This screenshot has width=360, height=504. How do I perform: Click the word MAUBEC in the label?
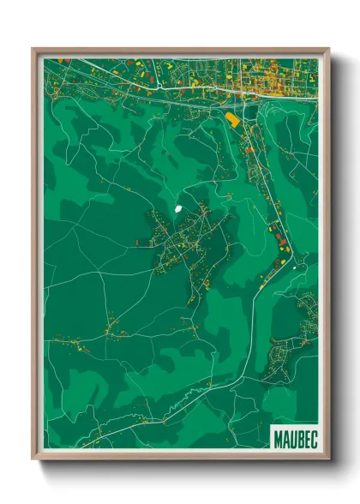pos(295,438)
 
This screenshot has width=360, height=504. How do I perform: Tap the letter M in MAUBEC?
pos(279,438)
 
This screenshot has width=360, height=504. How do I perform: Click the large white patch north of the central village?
pos(178,208)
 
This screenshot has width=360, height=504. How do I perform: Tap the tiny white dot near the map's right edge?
pos(294,266)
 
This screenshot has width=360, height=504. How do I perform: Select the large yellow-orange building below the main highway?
pos(232,120)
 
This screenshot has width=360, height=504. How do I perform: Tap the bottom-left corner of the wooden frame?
pos(33,459)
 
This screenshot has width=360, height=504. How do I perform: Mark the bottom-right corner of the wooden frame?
pos(328,459)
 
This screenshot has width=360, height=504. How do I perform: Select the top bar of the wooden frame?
pos(181,51)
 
